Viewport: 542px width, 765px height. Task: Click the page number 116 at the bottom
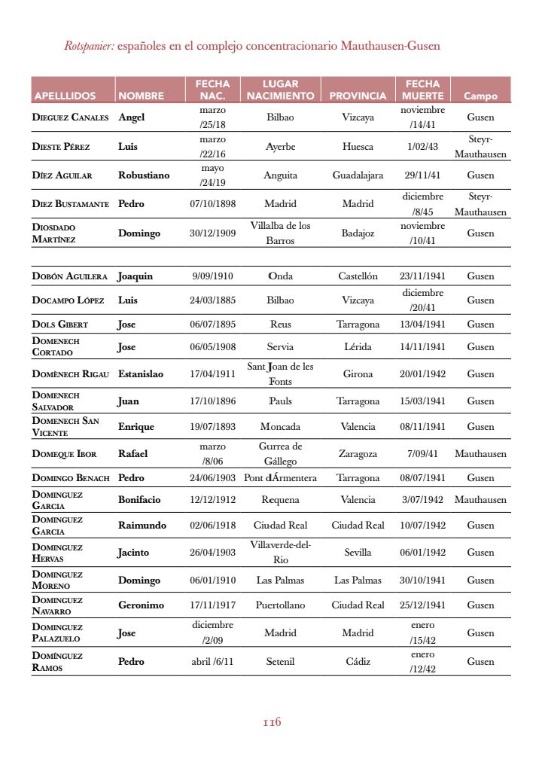[272, 722]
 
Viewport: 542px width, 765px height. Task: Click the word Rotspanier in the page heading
[89, 47]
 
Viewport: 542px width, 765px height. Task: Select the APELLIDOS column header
[65, 96]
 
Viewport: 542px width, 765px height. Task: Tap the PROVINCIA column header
[358, 96]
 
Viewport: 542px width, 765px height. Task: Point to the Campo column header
[480, 96]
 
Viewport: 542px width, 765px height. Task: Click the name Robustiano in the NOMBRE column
[144, 175]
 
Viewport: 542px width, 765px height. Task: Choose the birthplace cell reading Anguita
[280, 175]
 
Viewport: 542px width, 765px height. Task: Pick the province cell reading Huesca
[358, 147]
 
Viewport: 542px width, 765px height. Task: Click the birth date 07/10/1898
[212, 204]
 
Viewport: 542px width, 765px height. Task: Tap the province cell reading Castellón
[358, 276]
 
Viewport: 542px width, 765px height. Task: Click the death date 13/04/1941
[422, 325]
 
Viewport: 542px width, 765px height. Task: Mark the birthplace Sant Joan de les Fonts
[280, 374]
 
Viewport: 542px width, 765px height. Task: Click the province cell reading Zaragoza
[358, 454]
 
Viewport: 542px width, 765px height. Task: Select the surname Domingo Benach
[71, 478]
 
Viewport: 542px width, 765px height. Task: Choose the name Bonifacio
[139, 500]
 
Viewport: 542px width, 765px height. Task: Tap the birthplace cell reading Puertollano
[280, 605]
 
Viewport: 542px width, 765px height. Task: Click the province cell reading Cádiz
[358, 662]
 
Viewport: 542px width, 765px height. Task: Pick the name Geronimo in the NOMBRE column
[141, 605]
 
